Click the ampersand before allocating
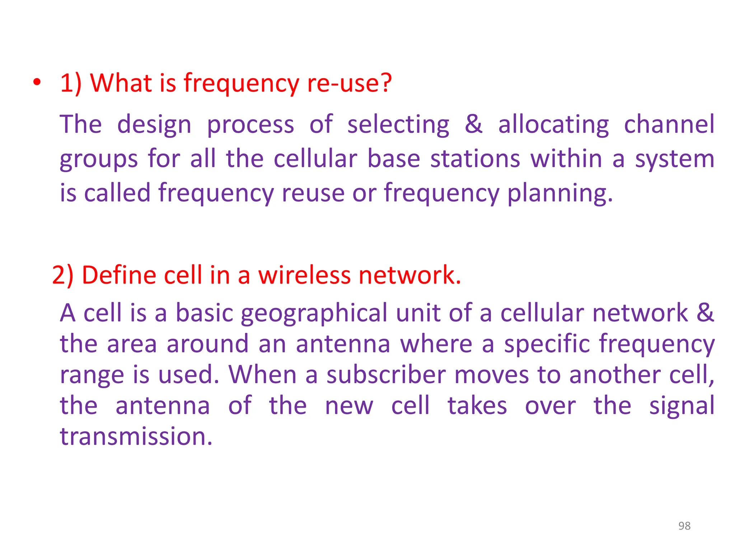coord(474,124)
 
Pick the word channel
coord(669,124)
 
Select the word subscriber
coord(386,375)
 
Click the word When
coord(263,375)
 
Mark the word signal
coord(682,407)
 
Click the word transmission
coord(136,437)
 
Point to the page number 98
coord(684,526)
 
